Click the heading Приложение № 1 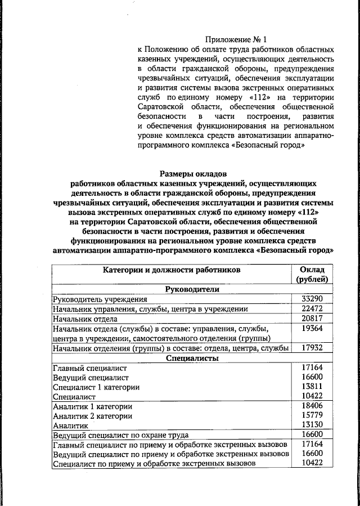(237, 39)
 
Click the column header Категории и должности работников (172, 270)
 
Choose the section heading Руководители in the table (192, 289)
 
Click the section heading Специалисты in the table (192, 357)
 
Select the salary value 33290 (312, 299)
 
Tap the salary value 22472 (312, 309)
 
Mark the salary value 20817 (312, 319)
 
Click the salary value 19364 (312, 328)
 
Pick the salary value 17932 (312, 348)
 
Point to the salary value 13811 (312, 387)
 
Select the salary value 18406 (312, 406)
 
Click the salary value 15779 (312, 415)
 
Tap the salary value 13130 (312, 425)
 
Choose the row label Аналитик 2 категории (92, 416)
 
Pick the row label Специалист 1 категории (96, 387)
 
